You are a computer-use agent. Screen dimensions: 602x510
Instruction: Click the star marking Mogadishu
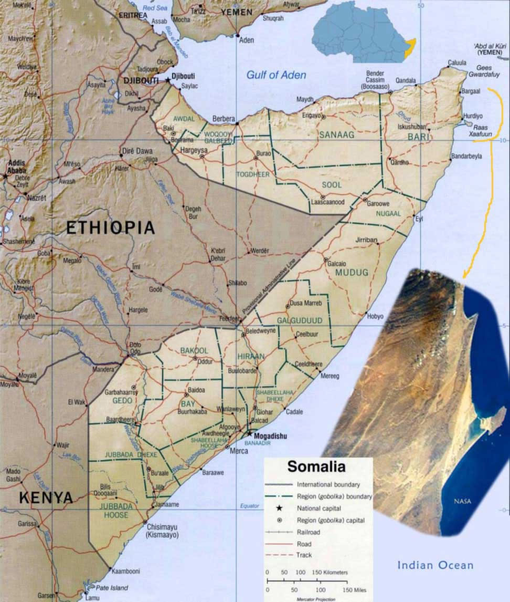point(249,434)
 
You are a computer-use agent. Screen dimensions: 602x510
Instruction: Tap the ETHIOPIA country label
point(111,227)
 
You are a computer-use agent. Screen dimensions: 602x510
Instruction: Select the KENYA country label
point(46,497)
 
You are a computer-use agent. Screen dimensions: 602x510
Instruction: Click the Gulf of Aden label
point(276,75)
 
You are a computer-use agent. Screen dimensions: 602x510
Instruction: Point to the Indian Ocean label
point(435,565)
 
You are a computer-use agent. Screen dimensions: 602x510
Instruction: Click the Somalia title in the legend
point(316,466)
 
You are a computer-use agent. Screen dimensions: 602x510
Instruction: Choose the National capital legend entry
point(318,508)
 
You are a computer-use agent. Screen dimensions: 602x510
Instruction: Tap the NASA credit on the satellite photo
point(462,501)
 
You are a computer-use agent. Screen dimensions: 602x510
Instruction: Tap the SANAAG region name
point(336,134)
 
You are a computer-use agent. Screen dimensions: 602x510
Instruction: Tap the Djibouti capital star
point(168,80)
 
